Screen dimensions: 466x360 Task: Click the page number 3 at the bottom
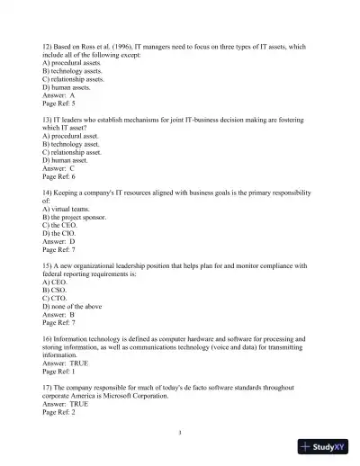(181, 433)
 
